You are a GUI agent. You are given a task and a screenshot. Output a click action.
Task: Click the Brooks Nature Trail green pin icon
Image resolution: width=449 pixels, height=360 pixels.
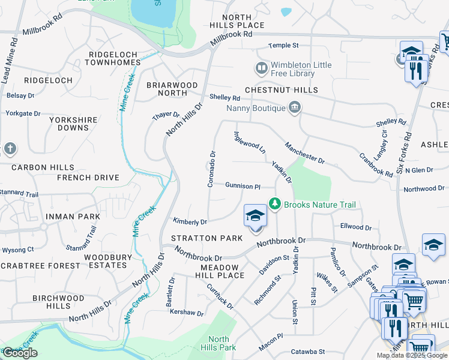coord(275,204)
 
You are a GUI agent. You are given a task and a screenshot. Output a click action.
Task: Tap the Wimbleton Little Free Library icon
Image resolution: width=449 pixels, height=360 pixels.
coord(261,68)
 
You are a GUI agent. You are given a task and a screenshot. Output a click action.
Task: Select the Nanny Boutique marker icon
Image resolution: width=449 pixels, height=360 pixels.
coord(295,108)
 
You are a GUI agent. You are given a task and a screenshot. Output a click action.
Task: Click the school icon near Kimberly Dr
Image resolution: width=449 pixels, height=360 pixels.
coord(255,216)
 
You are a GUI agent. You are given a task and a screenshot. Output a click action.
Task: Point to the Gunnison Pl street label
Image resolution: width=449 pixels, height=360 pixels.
coord(243,187)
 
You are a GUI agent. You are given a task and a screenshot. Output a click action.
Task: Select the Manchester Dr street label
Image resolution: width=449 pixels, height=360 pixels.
coord(304,153)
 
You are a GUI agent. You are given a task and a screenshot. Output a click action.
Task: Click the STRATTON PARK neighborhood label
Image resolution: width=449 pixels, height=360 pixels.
coord(207,238)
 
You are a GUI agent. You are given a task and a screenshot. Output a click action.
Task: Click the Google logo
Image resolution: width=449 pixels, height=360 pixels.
coord(20,353)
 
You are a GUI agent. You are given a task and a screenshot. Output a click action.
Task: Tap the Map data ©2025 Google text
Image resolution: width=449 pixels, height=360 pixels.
coord(411,355)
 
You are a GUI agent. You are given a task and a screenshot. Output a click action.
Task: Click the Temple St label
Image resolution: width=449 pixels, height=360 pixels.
coord(283,46)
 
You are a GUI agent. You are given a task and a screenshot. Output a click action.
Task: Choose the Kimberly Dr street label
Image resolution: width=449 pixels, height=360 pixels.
coord(190,222)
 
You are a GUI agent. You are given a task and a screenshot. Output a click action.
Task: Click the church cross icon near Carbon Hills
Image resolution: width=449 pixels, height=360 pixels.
coord(9,148)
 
